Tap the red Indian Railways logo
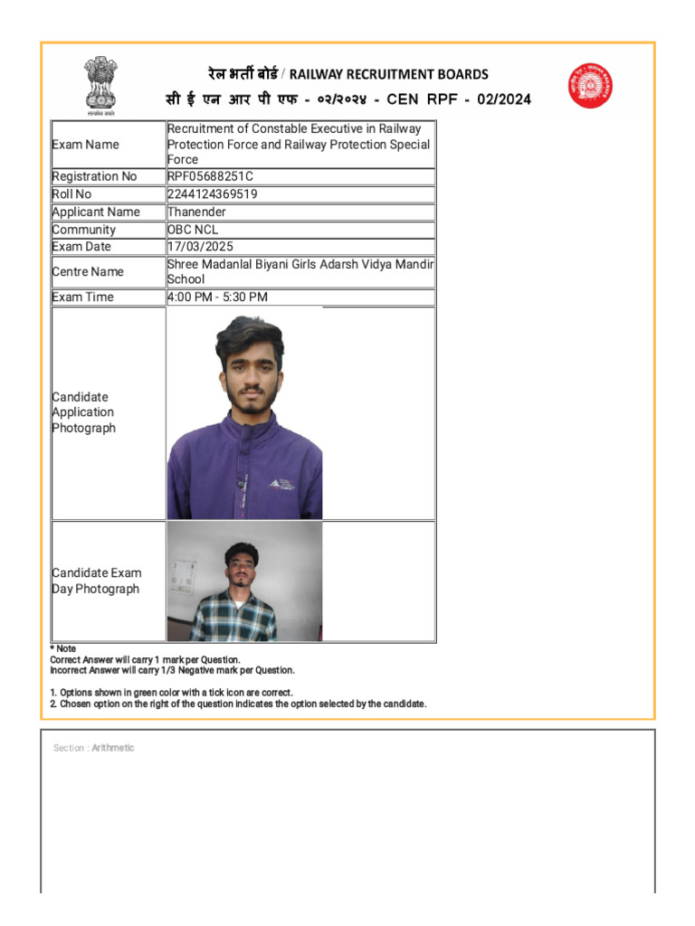(590, 86)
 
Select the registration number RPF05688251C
(210, 176)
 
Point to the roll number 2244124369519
(212, 194)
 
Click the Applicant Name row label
(96, 212)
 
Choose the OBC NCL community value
(193, 230)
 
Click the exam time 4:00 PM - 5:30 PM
(217, 298)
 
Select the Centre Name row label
(88, 271)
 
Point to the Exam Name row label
(85, 145)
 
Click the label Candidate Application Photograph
(83, 412)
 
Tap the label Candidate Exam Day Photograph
(96, 581)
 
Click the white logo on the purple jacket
(282, 483)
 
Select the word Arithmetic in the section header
(113, 748)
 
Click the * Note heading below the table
(63, 649)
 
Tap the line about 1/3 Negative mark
(172, 671)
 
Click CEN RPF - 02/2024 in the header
(459, 99)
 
